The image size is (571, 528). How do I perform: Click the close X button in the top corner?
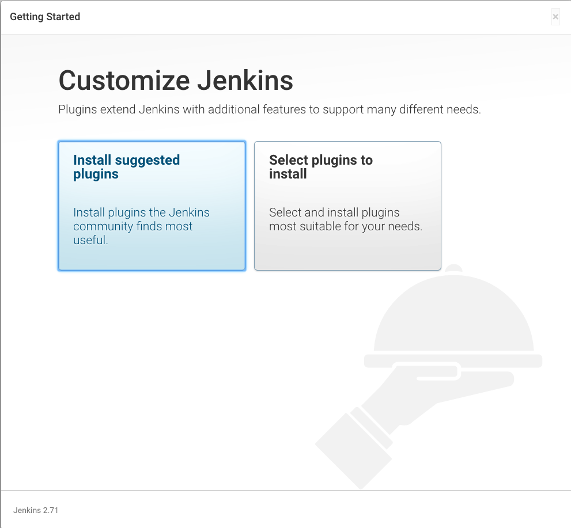coord(555,17)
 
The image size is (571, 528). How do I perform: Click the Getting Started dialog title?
coord(45,17)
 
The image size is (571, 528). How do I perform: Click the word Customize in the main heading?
coord(124,81)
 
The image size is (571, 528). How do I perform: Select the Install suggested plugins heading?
coord(126,167)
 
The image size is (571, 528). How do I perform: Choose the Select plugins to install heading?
coord(320,167)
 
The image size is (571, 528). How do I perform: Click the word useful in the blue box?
coord(90,240)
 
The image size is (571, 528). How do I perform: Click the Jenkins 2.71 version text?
coord(36,510)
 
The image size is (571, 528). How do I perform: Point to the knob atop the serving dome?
coord(455,268)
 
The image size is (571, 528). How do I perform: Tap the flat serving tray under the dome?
coord(453,361)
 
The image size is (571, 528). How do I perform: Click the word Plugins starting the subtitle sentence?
coord(78,109)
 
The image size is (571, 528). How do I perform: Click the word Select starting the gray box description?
coord(285,212)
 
